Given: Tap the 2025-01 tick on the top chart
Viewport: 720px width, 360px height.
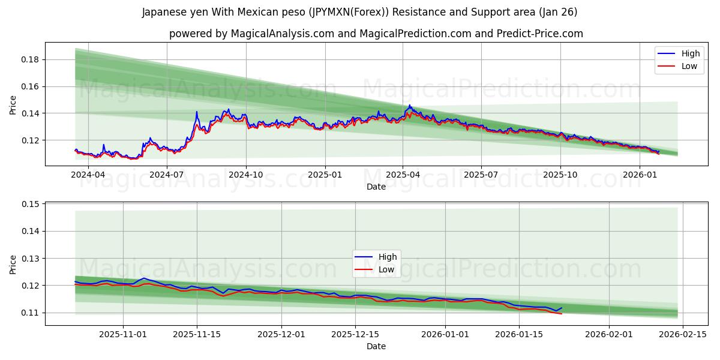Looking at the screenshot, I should tap(325, 175).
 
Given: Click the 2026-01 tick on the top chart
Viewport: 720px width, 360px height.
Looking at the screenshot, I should tap(639, 175).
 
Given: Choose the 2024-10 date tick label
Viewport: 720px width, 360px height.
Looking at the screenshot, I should tap(246, 175).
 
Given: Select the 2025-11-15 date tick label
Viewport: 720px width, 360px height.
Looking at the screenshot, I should tap(197, 334).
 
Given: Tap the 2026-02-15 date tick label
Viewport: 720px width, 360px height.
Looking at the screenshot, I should tap(683, 334).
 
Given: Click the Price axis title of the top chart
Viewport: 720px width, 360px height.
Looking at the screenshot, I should tap(13, 104).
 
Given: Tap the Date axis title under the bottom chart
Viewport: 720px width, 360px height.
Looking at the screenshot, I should tap(376, 346).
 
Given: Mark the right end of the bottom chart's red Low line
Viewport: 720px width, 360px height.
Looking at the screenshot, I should tap(562, 314).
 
